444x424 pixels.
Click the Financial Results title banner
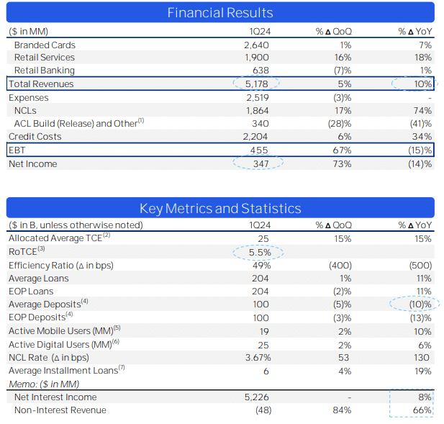click(220, 12)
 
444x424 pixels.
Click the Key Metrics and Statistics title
click(220, 208)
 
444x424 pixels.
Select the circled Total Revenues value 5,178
click(256, 84)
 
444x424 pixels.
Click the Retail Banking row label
click(44, 71)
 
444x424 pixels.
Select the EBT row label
click(17, 150)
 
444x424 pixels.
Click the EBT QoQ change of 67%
click(343, 150)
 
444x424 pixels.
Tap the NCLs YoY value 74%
click(423, 110)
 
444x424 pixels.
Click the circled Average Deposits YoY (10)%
click(417, 305)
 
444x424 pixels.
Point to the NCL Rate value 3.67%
click(257, 358)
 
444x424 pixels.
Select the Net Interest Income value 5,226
click(256, 397)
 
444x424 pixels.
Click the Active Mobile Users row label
click(64, 331)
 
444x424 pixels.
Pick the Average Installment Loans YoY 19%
click(423, 371)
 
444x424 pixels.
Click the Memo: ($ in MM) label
click(43, 384)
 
